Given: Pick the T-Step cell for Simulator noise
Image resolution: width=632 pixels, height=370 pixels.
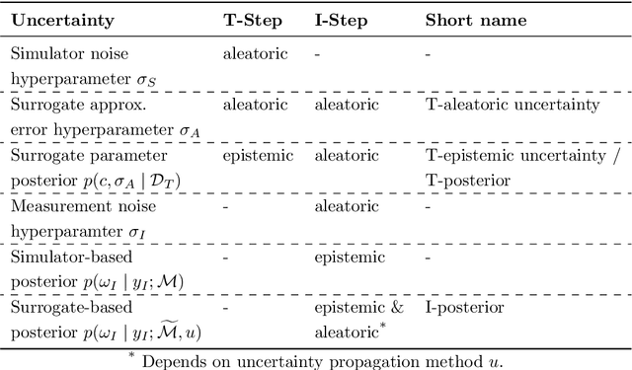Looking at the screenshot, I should click(x=253, y=53).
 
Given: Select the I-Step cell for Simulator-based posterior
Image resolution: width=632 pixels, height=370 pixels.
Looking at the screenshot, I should click(x=346, y=258).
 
